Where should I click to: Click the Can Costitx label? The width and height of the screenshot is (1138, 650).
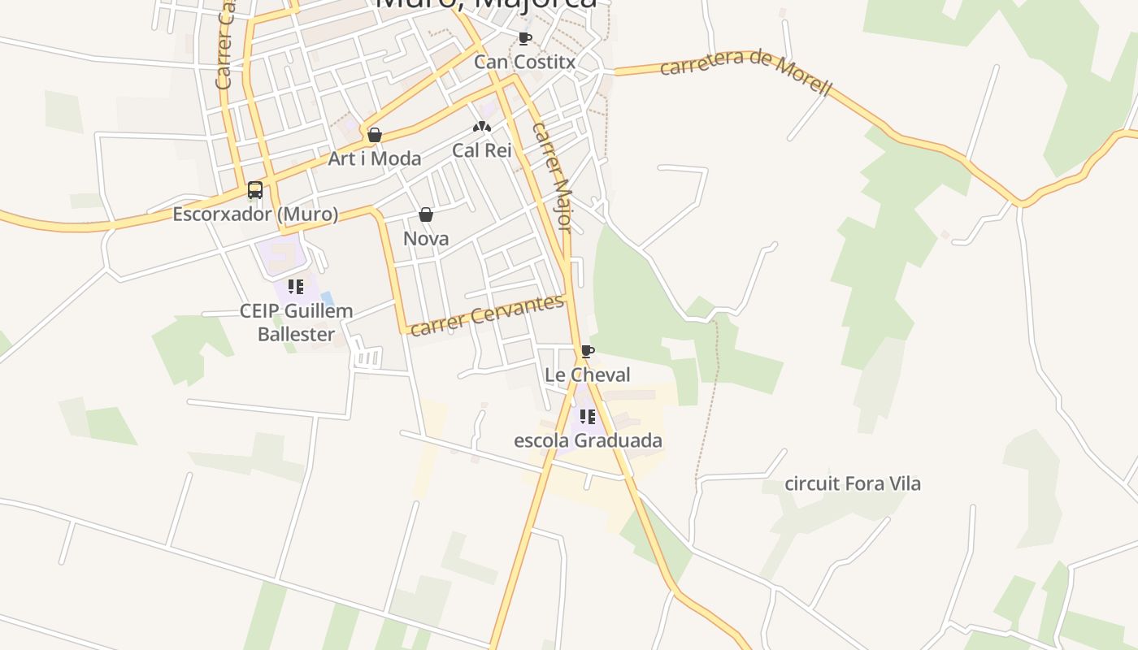(x=524, y=62)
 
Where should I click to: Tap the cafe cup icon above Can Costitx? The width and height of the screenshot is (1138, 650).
(x=524, y=38)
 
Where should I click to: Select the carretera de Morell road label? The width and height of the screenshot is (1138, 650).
(x=745, y=71)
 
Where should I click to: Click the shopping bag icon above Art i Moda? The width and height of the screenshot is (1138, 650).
(x=375, y=135)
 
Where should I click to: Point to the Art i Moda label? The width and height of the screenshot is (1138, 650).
(x=374, y=158)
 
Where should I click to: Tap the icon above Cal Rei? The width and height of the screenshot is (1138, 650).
(x=482, y=127)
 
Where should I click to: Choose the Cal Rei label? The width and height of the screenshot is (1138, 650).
(x=481, y=150)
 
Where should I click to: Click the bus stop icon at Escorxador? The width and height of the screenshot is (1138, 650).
(x=255, y=190)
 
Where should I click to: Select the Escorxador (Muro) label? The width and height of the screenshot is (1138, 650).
(x=255, y=214)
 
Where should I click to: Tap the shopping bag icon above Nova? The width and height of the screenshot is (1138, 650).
(x=426, y=214)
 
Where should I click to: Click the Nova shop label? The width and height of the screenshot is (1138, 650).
(x=426, y=239)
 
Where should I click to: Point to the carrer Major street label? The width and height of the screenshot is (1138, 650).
(x=553, y=176)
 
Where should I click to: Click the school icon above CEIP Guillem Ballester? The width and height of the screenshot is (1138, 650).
(x=296, y=286)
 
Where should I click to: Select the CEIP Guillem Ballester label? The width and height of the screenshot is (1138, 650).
(x=296, y=323)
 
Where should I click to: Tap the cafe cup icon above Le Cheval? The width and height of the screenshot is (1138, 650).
(x=588, y=351)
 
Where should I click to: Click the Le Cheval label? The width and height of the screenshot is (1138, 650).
(x=588, y=375)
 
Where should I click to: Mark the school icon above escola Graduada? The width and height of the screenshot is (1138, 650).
(x=588, y=417)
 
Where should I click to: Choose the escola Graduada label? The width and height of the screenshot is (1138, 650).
(x=588, y=440)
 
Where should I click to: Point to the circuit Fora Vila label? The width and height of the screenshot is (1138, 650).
(x=853, y=483)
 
